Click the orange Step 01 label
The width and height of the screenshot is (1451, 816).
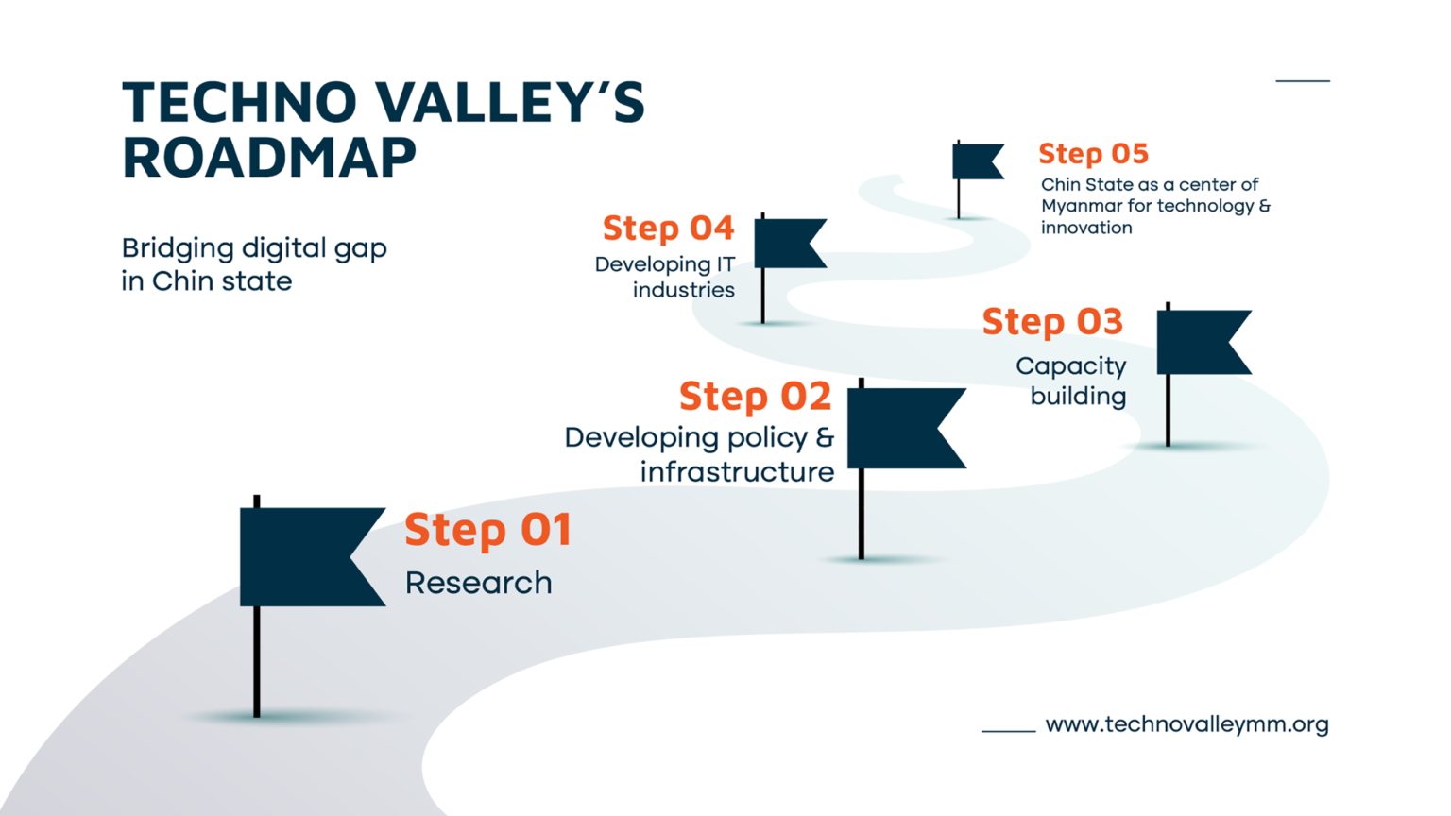487,530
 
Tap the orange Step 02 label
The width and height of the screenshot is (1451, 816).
755,396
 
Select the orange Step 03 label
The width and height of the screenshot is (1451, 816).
1052,322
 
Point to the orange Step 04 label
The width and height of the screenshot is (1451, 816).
668,229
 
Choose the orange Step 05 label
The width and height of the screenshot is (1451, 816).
1093,154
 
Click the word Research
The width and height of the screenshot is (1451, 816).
478,583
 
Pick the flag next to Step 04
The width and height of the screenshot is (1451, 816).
786,244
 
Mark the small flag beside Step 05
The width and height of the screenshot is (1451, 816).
975,161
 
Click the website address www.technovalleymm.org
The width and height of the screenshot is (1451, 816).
1186,724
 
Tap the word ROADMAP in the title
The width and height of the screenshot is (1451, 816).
269,158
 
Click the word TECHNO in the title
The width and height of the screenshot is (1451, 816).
240,102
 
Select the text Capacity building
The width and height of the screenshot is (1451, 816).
1072,381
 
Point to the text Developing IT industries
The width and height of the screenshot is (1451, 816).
665,278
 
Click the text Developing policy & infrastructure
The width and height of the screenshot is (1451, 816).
699,454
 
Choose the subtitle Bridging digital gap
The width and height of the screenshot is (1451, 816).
254,248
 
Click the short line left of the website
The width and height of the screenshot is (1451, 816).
1008,730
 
